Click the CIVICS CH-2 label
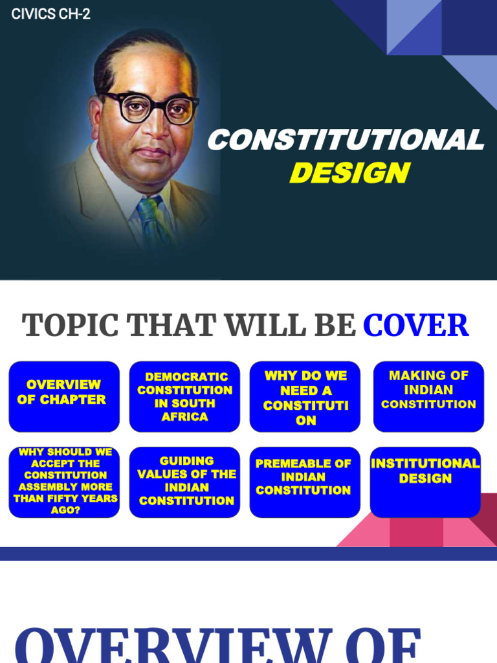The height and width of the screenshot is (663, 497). [50, 14]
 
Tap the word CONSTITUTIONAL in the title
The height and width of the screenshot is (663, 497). [345, 140]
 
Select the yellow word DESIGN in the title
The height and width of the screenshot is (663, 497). [349, 173]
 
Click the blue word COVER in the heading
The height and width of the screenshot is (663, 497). [415, 325]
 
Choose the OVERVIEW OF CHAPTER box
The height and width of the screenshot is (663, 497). [63, 396]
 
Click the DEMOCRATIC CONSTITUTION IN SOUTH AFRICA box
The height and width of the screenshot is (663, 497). [184, 396]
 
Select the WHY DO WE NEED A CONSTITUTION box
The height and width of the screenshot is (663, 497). [305, 396]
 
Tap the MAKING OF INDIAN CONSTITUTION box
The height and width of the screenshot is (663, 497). [428, 396]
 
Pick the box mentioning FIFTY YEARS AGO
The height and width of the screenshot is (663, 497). [63, 482]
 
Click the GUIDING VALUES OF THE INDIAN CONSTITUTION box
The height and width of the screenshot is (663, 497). [184, 482]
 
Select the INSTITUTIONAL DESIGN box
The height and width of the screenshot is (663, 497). [425, 482]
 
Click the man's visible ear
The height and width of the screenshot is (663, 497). [96, 119]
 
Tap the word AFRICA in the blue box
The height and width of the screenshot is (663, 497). [184, 417]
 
